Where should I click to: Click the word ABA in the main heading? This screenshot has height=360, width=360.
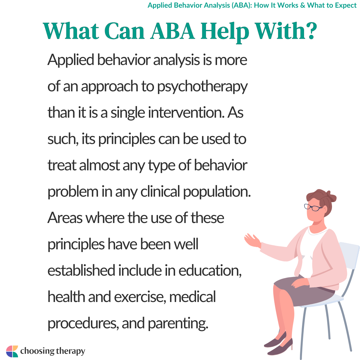(x=173, y=31)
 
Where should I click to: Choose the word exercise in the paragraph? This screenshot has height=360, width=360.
(x=140, y=297)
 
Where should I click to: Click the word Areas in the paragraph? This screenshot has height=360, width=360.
(x=65, y=218)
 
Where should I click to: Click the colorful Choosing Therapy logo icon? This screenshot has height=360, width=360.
(x=12, y=351)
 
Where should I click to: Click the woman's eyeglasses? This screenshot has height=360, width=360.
(x=313, y=207)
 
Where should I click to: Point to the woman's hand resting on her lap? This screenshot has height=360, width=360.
(x=300, y=283)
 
